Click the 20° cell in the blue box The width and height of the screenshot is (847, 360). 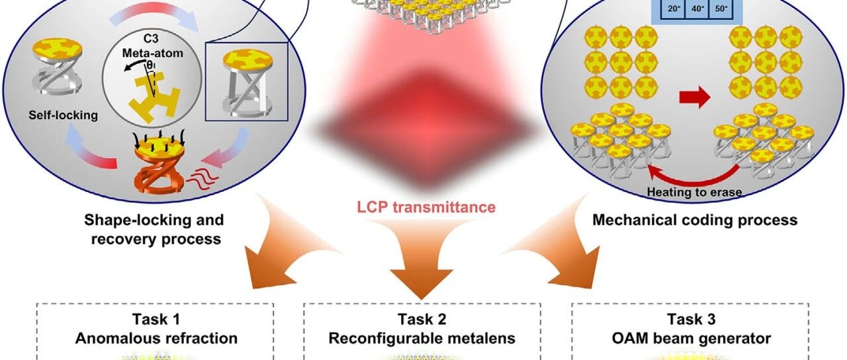[674, 9]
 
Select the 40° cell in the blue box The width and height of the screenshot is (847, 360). [697, 9]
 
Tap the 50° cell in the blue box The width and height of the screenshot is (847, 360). [721, 9]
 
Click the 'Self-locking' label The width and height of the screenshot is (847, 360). [63, 115]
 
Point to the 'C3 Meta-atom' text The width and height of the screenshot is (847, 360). [152, 46]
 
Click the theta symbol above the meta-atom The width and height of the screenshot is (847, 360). [150, 66]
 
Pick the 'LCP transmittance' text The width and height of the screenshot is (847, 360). [426, 207]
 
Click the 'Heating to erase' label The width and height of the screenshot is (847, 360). [694, 192]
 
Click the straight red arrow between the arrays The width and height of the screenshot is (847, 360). [695, 97]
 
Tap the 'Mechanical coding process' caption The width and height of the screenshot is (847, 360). [695, 220]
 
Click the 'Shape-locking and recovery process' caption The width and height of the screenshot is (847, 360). [154, 229]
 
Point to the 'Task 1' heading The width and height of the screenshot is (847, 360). [156, 319]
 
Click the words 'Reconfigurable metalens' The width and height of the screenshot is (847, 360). [422, 338]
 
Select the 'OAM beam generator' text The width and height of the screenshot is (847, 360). [691, 338]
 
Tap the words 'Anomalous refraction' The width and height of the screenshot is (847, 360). [156, 338]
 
